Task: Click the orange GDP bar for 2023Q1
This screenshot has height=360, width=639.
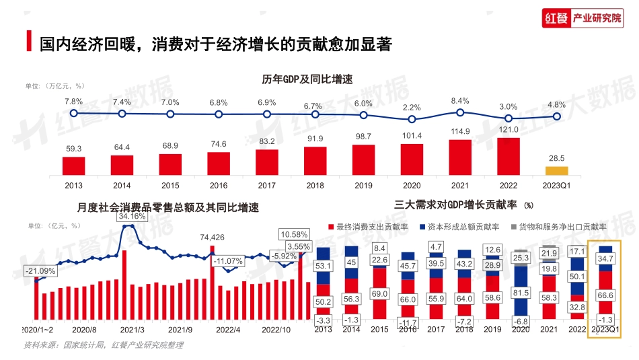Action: point(556,170)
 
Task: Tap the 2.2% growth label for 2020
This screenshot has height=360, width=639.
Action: point(412,107)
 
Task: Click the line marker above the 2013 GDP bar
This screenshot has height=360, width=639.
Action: point(73,114)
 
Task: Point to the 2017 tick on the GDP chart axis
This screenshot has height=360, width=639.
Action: point(266,184)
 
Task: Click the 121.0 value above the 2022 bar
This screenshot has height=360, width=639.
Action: point(509,130)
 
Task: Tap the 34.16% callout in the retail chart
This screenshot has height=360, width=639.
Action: point(132,217)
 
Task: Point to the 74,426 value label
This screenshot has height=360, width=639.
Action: point(213,237)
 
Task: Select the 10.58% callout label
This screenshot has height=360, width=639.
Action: point(295,234)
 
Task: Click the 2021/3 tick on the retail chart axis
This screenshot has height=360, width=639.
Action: point(132,330)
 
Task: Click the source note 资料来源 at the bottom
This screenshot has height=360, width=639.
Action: point(103,345)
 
